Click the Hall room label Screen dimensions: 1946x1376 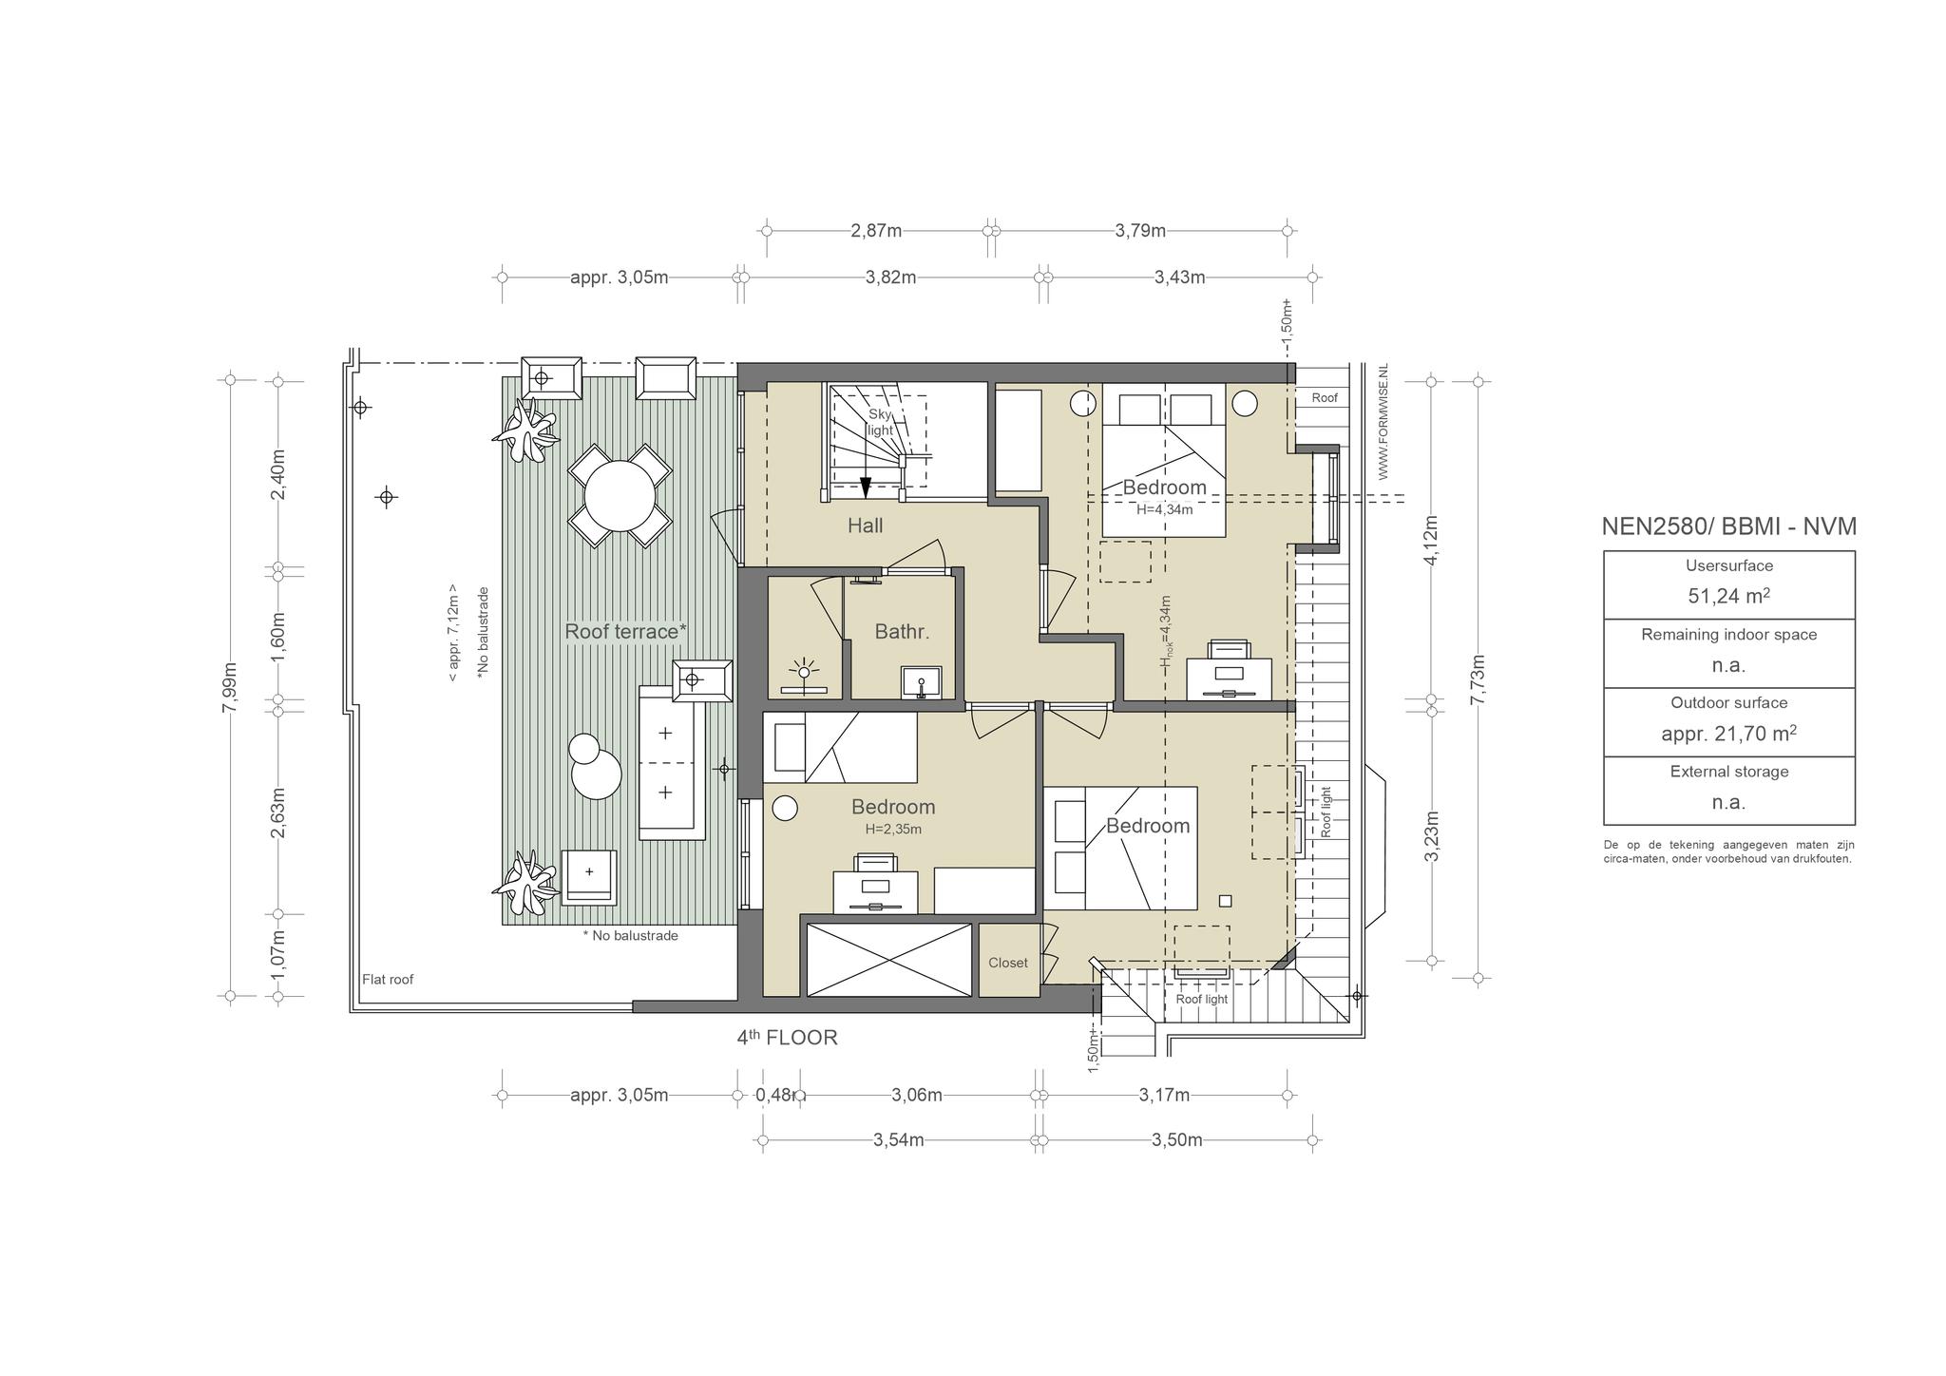click(x=865, y=526)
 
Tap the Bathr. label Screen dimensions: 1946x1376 click(x=902, y=631)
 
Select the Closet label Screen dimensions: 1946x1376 click(x=1007, y=963)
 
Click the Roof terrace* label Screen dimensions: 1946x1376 click(x=625, y=631)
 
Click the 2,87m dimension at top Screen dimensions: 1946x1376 click(x=876, y=230)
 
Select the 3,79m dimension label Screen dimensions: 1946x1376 click(x=1140, y=230)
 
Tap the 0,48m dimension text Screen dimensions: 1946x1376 click(x=779, y=1095)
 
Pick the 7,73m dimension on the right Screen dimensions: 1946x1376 click(x=1478, y=678)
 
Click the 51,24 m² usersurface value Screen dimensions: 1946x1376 click(x=1728, y=596)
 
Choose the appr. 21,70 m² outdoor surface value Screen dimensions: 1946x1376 click(x=1728, y=734)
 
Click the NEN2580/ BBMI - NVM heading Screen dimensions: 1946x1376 click(x=1728, y=526)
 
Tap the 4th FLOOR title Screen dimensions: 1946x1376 click(x=787, y=1037)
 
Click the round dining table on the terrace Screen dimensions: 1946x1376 click(x=620, y=495)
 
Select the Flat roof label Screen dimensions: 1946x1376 click(x=388, y=980)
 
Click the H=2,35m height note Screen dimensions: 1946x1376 click(x=893, y=829)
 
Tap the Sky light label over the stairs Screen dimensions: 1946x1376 click(x=881, y=423)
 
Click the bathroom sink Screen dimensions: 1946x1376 click(x=921, y=681)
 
